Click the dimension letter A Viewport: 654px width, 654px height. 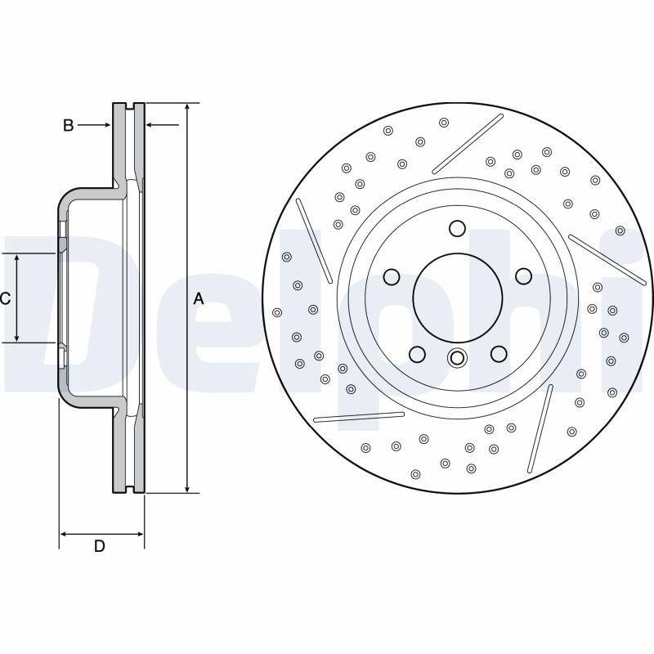pos(199,298)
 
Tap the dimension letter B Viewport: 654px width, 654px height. pos(69,125)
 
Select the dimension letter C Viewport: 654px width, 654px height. pos(5,298)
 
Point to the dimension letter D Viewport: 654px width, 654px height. pos(99,545)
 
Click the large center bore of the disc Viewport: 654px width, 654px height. pos(458,297)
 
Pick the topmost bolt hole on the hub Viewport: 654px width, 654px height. pos(458,229)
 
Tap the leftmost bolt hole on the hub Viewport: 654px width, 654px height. pos(392,276)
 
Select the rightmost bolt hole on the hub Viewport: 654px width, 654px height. pos(523,276)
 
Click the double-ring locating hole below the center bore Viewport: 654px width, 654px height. pos(457,358)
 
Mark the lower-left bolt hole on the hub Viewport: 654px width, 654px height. pos(417,354)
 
